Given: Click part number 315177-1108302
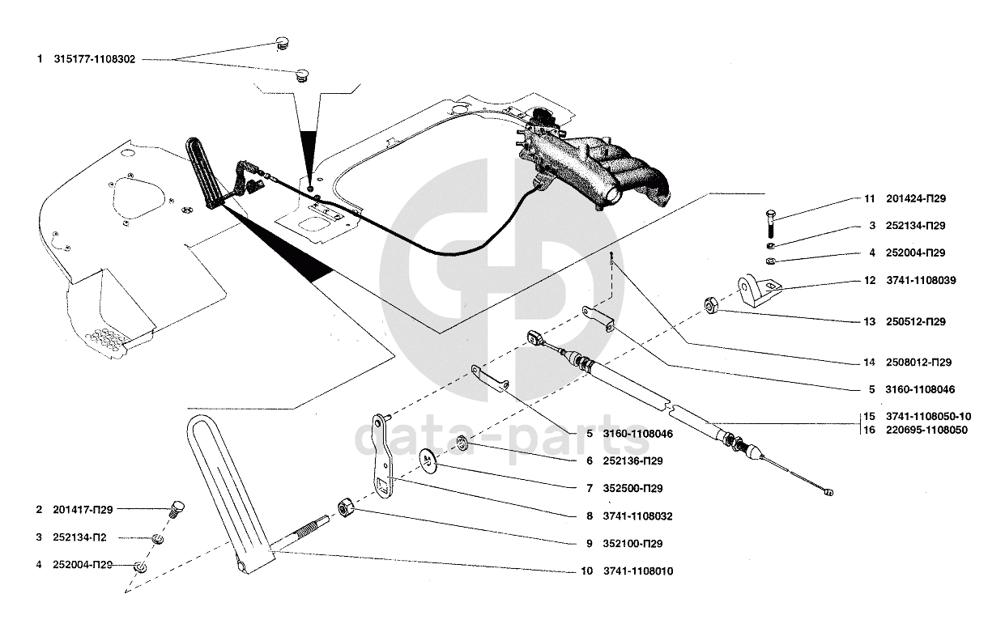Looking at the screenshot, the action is (94, 59).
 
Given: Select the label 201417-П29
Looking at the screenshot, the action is (83, 510).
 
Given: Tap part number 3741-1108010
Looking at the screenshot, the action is (638, 571).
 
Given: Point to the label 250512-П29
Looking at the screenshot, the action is (916, 321).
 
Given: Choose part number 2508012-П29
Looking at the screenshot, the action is (918, 363).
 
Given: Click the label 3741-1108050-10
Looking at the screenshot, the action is (928, 416).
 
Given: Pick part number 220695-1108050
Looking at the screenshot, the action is (926, 430).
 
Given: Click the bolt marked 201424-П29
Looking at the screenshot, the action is (771, 223).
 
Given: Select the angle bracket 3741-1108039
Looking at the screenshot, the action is (758, 291).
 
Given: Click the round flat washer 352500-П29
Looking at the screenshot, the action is (428, 460).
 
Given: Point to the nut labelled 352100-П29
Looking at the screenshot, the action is (346, 508).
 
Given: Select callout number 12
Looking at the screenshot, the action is (870, 280).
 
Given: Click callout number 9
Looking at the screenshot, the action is (590, 544).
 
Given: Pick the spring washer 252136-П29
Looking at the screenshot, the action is (462, 443).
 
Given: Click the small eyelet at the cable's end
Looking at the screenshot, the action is (829, 493).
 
